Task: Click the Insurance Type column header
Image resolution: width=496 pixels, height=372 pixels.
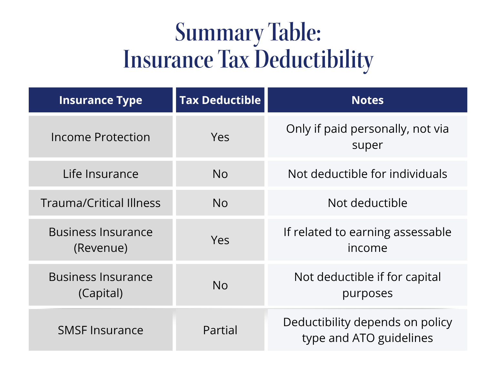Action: coord(100,100)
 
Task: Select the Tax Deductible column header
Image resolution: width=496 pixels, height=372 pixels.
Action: coord(220,100)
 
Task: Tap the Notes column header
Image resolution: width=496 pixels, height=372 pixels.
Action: coord(367,100)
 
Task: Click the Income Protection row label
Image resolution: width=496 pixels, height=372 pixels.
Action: coord(100,137)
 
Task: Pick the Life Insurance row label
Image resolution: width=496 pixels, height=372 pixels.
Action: coord(100,174)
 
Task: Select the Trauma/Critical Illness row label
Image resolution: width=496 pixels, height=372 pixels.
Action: coord(100,203)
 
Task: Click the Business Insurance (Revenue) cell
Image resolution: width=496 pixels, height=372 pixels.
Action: coord(100,240)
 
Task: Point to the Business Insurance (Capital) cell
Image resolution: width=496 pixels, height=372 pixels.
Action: coord(100,285)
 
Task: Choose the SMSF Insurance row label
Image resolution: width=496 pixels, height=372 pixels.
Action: coord(100,330)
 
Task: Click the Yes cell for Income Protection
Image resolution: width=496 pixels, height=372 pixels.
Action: coord(220,137)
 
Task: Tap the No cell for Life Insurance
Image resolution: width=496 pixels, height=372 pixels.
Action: coord(220,174)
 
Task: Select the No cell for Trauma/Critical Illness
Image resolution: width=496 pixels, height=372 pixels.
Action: coord(220,203)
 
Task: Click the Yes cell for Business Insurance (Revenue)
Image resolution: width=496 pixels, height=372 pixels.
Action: coord(220,240)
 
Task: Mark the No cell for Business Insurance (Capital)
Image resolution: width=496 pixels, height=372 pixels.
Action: coord(220,285)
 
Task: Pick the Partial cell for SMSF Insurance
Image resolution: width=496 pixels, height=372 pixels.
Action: coord(220,330)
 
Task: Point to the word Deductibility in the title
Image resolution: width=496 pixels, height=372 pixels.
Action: coord(314,60)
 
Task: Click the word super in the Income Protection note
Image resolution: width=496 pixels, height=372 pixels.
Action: coord(367,145)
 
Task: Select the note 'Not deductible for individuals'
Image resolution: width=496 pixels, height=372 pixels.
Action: coord(367,174)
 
